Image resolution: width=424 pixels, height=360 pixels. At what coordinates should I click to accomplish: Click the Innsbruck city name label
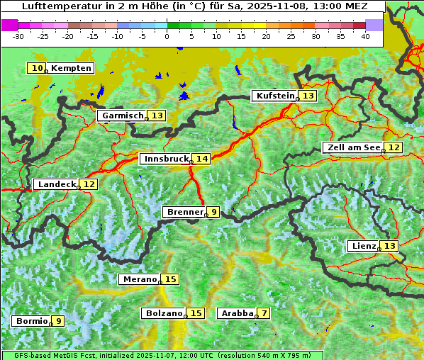click(165, 159)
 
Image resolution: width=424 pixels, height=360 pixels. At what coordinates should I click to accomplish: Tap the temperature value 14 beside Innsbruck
click(203, 159)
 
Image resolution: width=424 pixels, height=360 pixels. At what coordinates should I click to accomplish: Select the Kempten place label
click(71, 68)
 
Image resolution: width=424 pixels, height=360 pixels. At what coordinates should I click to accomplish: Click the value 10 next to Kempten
click(37, 68)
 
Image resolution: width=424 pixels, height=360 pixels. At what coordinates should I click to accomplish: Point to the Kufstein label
click(274, 96)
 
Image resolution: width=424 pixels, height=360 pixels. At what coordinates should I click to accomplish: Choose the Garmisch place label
click(122, 116)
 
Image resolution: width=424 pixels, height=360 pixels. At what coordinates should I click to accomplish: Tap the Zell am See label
click(352, 147)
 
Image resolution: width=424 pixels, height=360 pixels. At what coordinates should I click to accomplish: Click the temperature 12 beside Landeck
click(89, 184)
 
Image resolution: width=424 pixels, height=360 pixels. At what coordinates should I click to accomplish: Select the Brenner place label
click(184, 212)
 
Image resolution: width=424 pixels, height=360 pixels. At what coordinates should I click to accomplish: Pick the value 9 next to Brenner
click(213, 212)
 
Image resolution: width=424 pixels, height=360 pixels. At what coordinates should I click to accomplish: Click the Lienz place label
click(362, 246)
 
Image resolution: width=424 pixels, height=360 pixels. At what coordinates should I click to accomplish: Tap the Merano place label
click(138, 279)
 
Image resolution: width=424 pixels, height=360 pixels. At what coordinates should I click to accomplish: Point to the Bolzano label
click(164, 313)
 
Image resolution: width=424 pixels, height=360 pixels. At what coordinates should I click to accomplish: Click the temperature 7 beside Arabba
click(264, 313)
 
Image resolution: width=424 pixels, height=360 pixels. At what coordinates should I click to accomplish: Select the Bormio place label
click(31, 321)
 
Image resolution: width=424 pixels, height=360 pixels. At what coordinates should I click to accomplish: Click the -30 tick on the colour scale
click(18, 35)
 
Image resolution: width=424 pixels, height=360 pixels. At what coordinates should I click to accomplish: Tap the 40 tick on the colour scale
click(365, 35)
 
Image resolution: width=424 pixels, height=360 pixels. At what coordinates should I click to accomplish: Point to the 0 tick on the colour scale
click(167, 35)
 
